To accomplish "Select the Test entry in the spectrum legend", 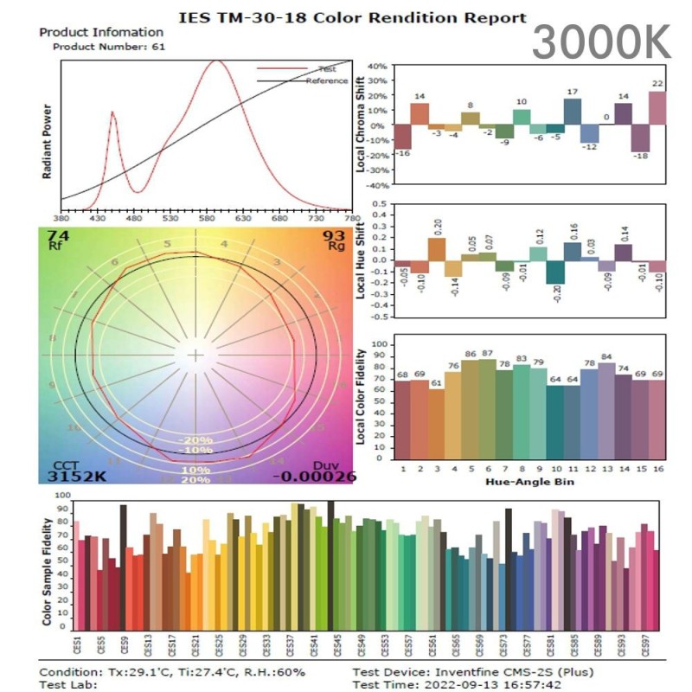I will (x=327, y=68).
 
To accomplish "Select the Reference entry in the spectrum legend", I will (x=326, y=80).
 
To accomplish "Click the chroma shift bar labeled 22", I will (x=657, y=108).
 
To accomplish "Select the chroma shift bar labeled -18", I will (x=641, y=138).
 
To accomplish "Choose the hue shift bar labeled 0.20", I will (x=437, y=248).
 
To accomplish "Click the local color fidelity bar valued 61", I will (x=436, y=423).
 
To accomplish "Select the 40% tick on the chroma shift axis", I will (x=376, y=66).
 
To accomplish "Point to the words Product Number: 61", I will (x=108, y=46).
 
